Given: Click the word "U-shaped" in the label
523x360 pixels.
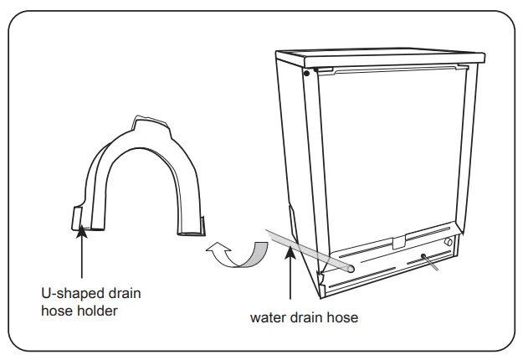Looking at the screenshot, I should point(67,294).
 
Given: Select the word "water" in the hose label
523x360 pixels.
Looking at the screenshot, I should point(267,317).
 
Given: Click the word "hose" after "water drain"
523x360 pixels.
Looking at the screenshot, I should point(342,317).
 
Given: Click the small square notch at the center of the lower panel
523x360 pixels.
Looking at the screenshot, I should point(398,242).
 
